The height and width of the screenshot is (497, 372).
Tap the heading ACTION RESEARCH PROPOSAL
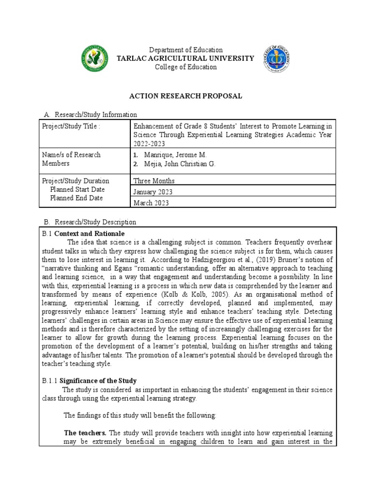pos(186,96)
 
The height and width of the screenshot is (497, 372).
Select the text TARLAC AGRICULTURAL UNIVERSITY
pos(186,58)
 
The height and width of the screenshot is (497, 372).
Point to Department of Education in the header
pos(186,50)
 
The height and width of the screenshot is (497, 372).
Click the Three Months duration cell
pos(154,181)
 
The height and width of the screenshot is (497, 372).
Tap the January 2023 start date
pos(153,192)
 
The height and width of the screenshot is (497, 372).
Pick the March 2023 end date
pos(151,203)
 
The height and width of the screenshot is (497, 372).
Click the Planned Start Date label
pos(77,189)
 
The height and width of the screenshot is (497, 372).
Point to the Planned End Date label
pos(77,198)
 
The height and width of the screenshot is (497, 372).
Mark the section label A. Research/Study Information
pos(90,115)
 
